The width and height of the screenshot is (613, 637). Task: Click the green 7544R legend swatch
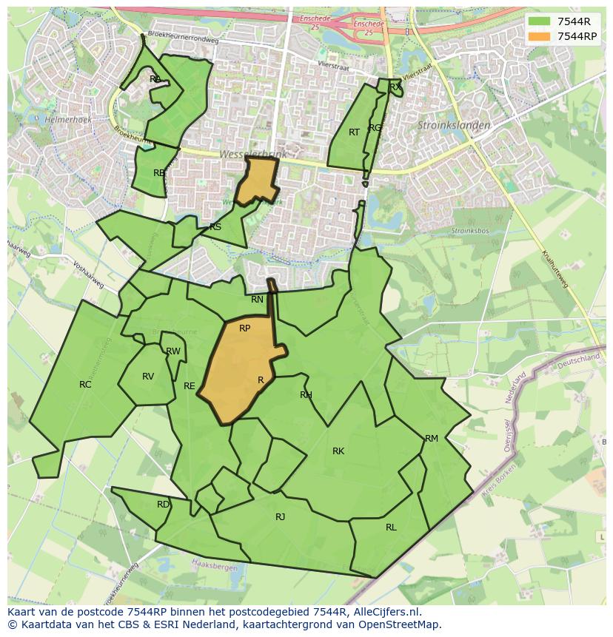pyautogui.click(x=540, y=21)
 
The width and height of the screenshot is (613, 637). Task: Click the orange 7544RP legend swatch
pyautogui.click(x=540, y=36)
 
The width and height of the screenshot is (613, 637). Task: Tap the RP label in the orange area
pyautogui.click(x=244, y=328)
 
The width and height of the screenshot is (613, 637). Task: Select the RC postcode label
pyautogui.click(x=85, y=384)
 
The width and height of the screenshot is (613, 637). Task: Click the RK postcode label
pyautogui.click(x=338, y=451)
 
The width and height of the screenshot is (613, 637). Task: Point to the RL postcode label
pyautogui.click(x=391, y=527)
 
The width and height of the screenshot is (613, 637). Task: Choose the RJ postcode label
pyautogui.click(x=280, y=516)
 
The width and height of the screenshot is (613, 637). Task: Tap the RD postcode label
pyautogui.click(x=163, y=504)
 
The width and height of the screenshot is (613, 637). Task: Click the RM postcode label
pyautogui.click(x=432, y=438)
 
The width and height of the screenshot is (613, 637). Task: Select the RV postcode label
pyautogui.click(x=148, y=376)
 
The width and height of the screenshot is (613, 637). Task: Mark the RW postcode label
pyautogui.click(x=173, y=351)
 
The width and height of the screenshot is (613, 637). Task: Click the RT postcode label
pyautogui.click(x=354, y=132)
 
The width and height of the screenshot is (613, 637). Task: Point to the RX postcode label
pyautogui.click(x=395, y=87)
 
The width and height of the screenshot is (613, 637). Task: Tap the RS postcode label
pyautogui.click(x=215, y=226)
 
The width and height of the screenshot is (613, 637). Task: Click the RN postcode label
pyautogui.click(x=257, y=300)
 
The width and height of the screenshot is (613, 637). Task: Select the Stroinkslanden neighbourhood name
pyautogui.click(x=454, y=125)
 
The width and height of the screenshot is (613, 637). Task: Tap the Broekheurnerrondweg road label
pyautogui.click(x=183, y=41)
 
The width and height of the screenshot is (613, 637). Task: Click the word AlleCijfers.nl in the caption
pyautogui.click(x=384, y=612)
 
